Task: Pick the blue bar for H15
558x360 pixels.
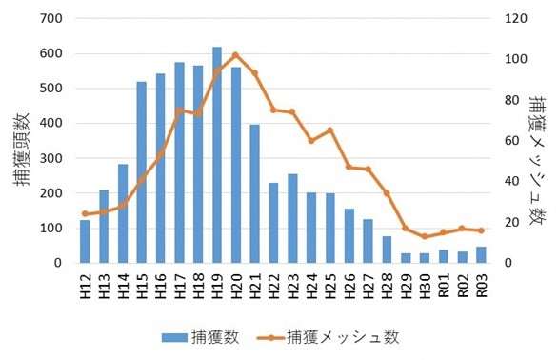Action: pos(141,171)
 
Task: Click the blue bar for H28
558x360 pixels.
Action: pos(387,249)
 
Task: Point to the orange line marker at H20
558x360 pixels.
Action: pos(236,55)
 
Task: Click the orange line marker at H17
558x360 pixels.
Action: pos(179,110)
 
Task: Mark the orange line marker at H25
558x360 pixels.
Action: pos(329,130)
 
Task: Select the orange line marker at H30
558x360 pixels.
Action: pos(425,236)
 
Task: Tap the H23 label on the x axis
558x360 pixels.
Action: pos(292,282)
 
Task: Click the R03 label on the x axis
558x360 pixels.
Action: pos(481,282)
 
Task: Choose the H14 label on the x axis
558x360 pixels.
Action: pos(123,282)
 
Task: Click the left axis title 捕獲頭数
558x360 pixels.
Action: pos(21,141)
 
